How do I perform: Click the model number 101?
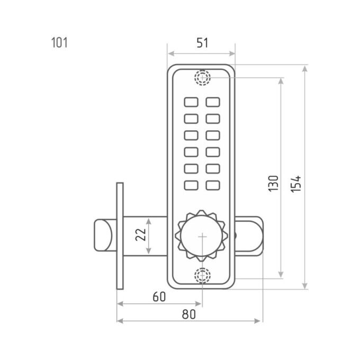pos(59,43)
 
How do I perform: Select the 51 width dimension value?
pos(202,43)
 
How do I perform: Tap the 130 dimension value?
pos(273,183)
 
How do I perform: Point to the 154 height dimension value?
pos(296,184)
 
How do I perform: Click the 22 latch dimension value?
pos(141,235)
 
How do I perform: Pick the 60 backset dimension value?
pos(159,296)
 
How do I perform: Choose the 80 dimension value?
pos(189,314)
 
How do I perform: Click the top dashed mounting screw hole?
pos(202,77)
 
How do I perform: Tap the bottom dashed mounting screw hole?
pos(202,275)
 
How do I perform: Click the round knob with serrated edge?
pos(202,236)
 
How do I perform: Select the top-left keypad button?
pos(191,102)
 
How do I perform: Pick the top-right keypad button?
pos(213,102)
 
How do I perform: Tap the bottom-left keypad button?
pos(191,185)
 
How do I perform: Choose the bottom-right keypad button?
pos(213,185)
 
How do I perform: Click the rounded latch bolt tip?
pos(103,235)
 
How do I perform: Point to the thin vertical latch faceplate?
pos(120,236)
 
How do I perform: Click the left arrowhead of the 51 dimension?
pos(171,53)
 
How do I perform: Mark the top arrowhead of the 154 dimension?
pos(304,69)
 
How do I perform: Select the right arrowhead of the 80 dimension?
pos(257,321)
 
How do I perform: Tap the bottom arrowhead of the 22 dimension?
pos(149,251)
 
